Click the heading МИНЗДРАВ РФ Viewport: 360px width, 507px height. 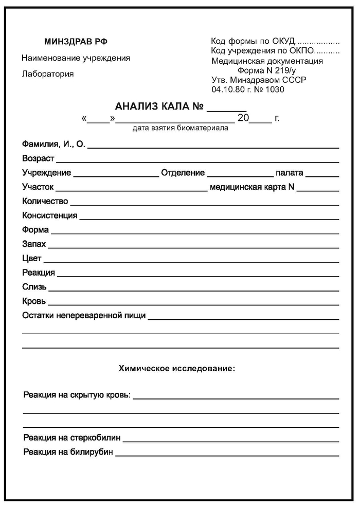click(x=76, y=42)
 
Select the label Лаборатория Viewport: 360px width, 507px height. click(x=48, y=74)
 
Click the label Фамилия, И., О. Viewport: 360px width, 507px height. click(x=53, y=144)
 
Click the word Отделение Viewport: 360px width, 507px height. click(x=183, y=173)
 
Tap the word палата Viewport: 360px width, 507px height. click(x=289, y=173)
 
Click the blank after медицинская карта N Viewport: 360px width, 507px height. click(x=318, y=189)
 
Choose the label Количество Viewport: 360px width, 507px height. click(x=45, y=201)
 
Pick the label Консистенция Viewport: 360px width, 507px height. click(x=50, y=215)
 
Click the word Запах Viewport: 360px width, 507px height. click(x=34, y=244)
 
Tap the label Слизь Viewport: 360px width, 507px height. click(x=34, y=286)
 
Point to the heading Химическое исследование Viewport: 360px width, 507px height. click(x=177, y=368)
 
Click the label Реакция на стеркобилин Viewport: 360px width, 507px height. click(x=72, y=438)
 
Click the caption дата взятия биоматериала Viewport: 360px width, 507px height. click(x=180, y=128)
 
